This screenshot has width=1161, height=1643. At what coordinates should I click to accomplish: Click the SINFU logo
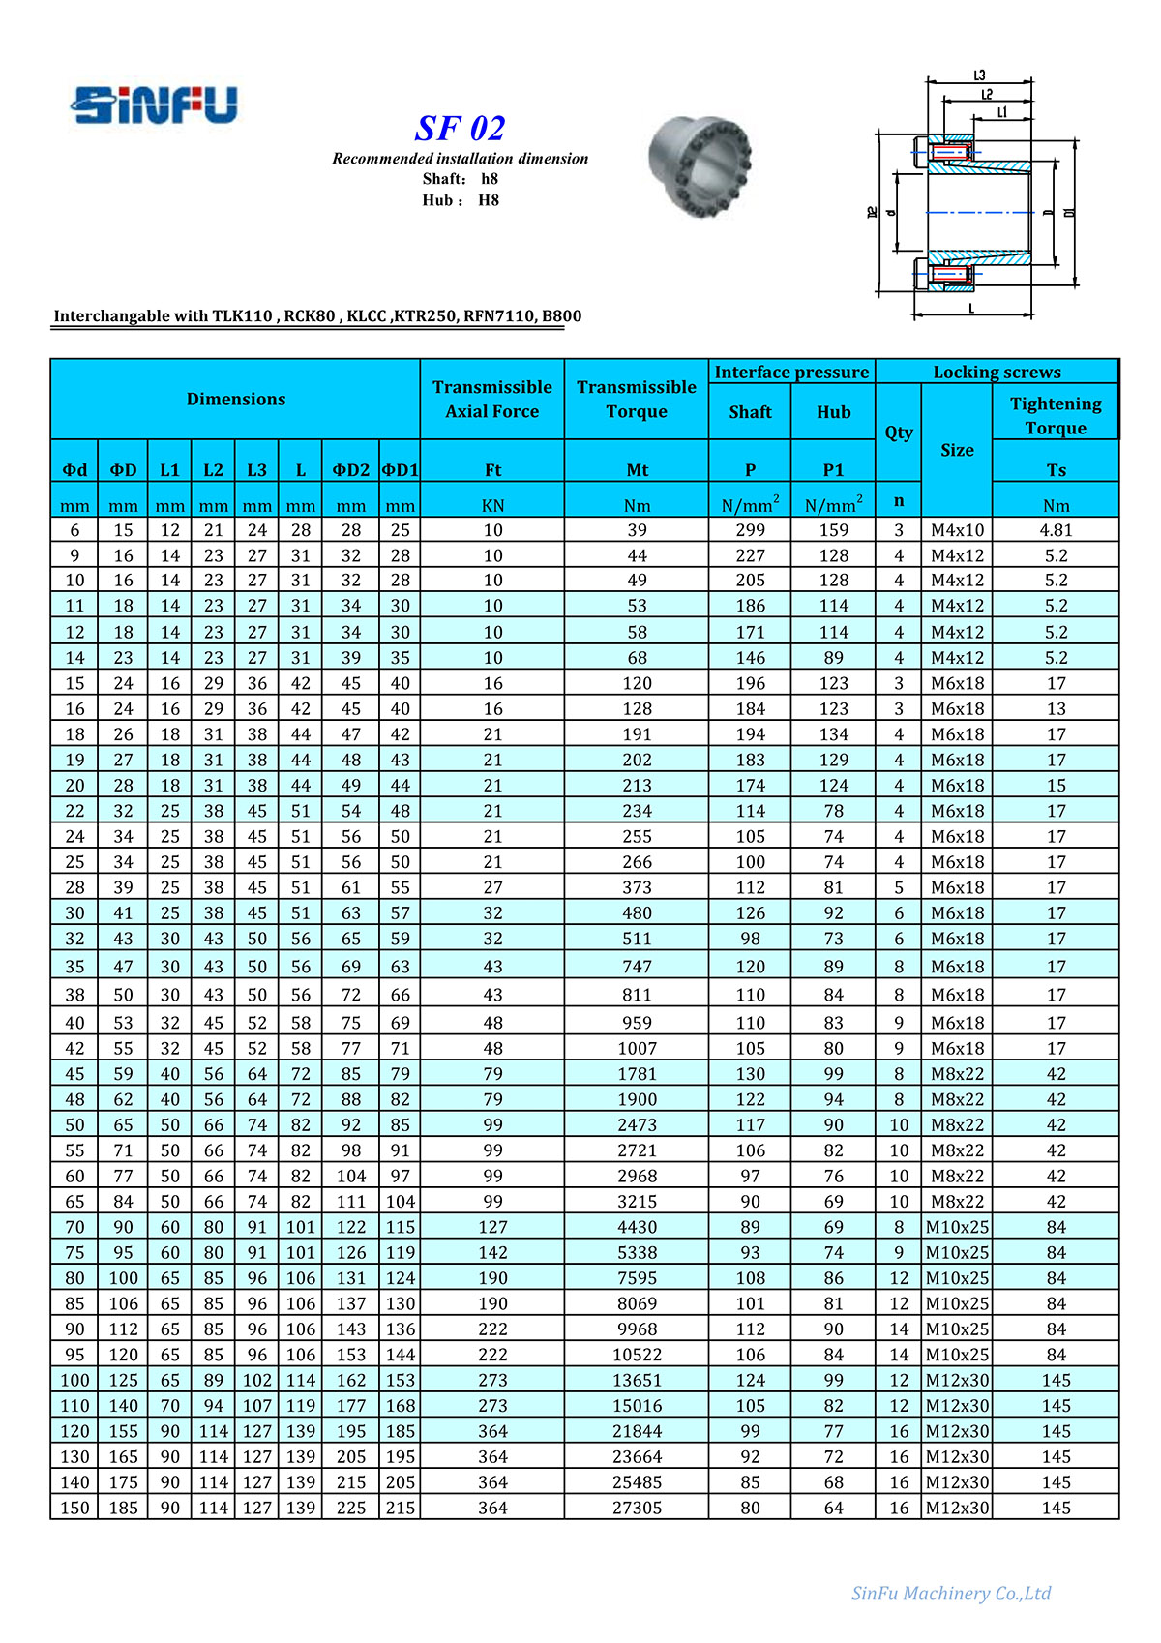[155, 105]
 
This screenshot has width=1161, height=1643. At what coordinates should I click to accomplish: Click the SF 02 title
[460, 129]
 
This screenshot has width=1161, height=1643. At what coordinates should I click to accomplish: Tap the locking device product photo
[700, 162]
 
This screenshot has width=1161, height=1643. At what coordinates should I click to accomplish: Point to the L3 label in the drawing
[979, 75]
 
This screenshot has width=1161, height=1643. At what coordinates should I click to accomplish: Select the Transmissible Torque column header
[637, 399]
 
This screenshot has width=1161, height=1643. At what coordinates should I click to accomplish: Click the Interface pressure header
[791, 373]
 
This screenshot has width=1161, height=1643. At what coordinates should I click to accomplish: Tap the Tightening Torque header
[1056, 415]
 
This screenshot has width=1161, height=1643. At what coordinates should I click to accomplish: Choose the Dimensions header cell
[236, 399]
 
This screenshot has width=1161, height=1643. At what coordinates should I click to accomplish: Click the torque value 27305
[637, 1508]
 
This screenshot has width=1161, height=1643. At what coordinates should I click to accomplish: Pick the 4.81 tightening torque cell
[1056, 530]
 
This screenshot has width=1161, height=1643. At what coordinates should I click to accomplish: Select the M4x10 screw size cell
[957, 530]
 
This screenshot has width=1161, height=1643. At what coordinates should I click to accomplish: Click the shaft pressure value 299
[750, 530]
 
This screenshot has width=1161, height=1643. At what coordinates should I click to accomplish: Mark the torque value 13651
[637, 1380]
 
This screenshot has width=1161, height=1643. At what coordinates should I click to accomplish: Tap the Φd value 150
[74, 1508]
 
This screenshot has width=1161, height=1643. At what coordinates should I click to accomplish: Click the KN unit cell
[492, 505]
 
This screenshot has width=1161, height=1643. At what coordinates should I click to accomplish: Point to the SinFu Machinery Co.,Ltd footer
[950, 1594]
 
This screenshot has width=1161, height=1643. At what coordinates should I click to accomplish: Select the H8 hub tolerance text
[489, 200]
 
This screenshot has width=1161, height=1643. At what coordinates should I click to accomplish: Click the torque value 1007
[637, 1048]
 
